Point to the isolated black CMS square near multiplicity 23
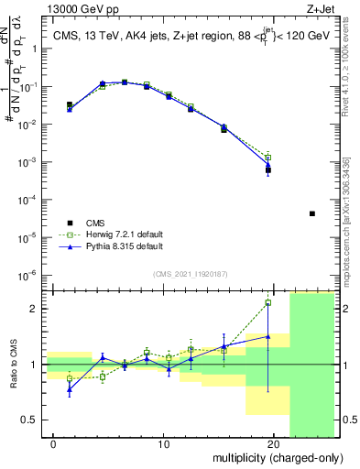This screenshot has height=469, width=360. click(x=312, y=213)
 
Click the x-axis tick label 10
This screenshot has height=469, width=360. click(x=163, y=444)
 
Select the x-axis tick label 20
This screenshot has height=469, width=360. click(x=272, y=444)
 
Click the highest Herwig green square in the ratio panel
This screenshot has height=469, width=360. click(x=267, y=302)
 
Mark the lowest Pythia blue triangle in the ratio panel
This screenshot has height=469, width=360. click(x=70, y=389)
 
